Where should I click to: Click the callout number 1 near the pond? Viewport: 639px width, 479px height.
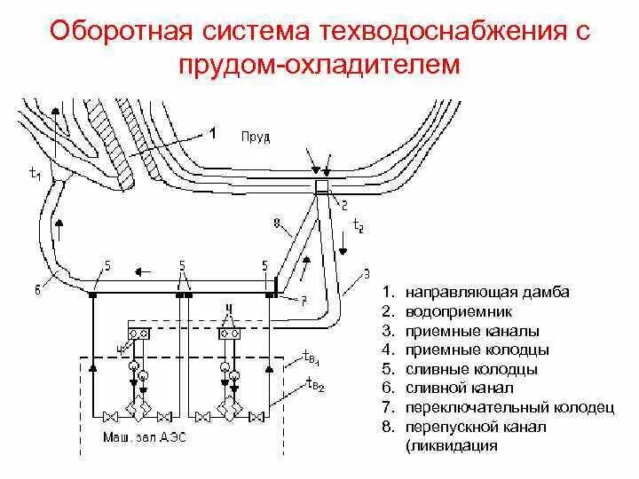click(x=213, y=134)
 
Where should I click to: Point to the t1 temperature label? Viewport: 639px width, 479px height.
click(x=35, y=175)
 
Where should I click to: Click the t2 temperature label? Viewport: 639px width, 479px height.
click(x=358, y=227)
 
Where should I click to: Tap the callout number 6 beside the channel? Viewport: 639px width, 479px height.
click(x=37, y=287)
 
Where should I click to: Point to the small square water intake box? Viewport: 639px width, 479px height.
click(x=322, y=185)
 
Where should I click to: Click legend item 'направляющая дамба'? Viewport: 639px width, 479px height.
click(x=488, y=292)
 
